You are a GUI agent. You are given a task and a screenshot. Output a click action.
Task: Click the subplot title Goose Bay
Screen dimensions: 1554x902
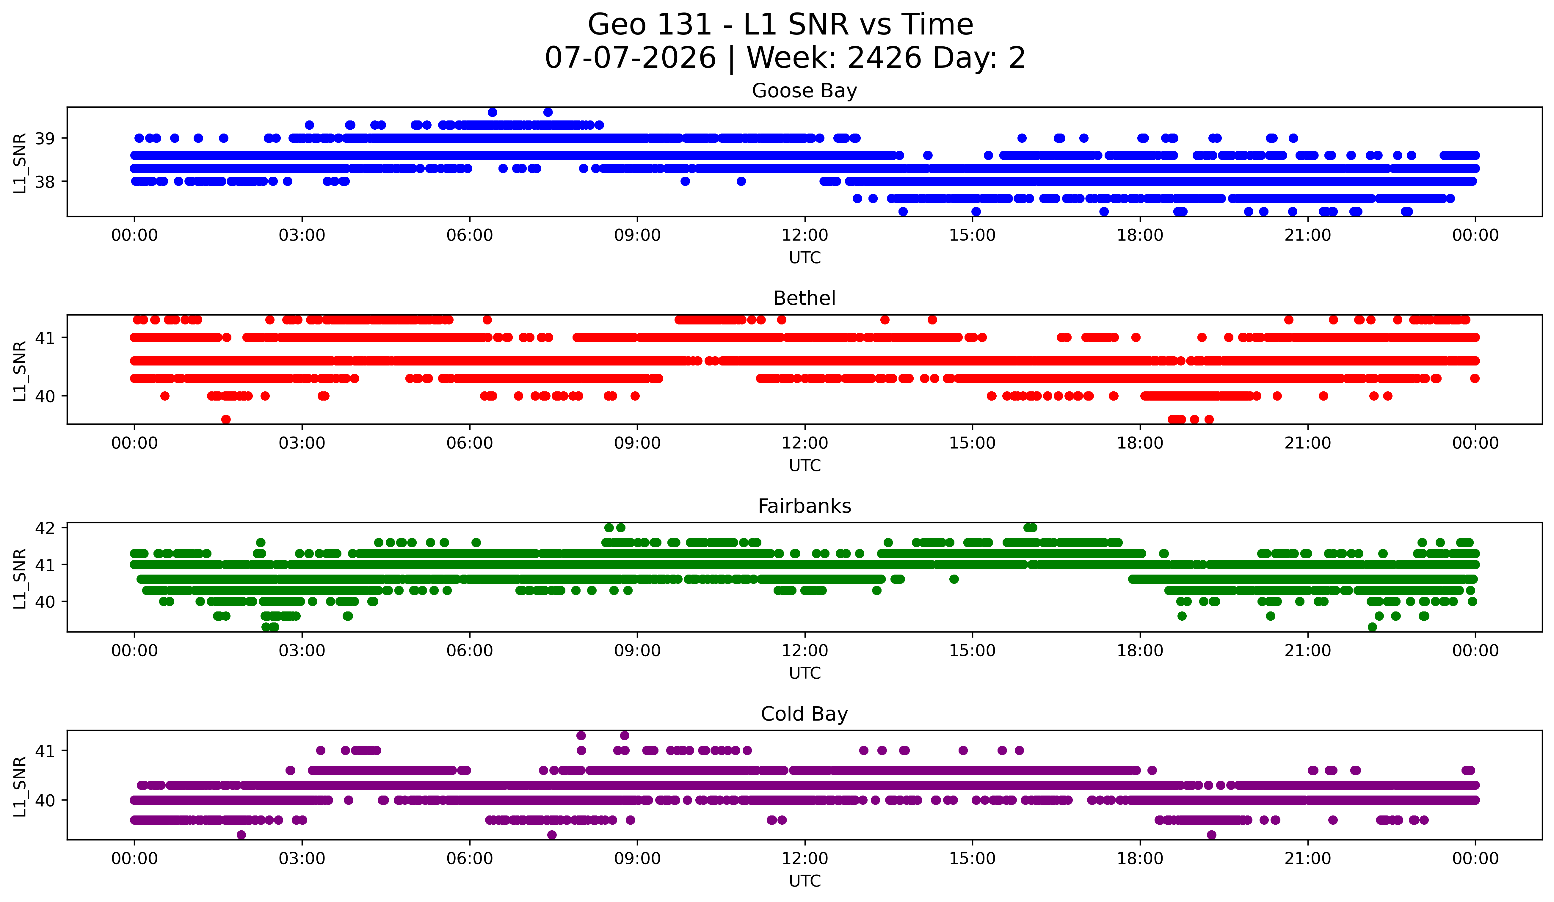804,91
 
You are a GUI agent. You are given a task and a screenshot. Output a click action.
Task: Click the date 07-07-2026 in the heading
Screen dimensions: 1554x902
630,58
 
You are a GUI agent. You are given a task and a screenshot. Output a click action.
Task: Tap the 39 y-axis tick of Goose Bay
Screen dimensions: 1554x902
44,138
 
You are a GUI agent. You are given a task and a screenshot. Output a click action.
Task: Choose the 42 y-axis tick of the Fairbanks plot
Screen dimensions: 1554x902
44,528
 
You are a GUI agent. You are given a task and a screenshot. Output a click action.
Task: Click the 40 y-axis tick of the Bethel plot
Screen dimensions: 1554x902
44,396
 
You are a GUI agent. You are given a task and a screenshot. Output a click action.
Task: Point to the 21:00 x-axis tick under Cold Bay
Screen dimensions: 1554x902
1307,858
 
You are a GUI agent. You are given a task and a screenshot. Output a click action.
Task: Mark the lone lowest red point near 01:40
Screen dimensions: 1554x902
226,419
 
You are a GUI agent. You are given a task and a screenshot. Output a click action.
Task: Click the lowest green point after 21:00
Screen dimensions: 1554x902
1372,627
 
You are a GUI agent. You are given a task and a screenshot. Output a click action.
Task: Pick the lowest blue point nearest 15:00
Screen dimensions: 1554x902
976,211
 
